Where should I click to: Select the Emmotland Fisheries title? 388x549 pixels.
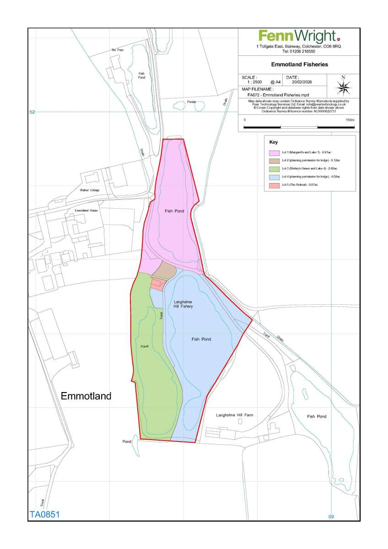tap(299, 65)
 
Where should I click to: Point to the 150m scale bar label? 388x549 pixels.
tap(350, 120)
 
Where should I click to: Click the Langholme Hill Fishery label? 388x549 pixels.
tap(183, 304)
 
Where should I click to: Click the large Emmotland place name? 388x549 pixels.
tap(86, 396)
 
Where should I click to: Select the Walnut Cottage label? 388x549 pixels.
tap(89, 190)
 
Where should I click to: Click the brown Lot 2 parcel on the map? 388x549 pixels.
tap(164, 271)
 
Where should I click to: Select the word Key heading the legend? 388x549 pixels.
tap(273, 142)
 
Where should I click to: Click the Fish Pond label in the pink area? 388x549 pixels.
tap(174, 211)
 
